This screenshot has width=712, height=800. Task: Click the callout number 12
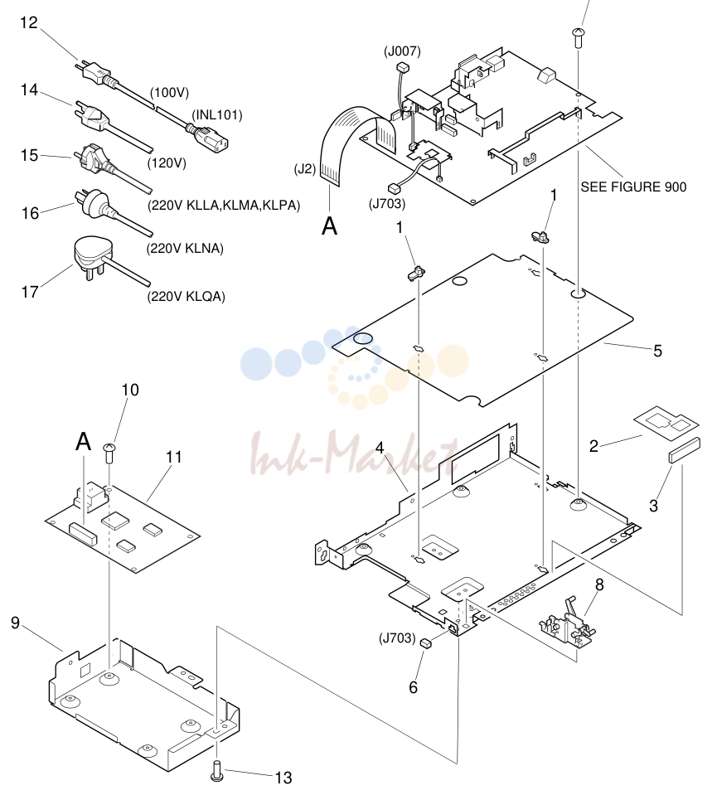(29, 23)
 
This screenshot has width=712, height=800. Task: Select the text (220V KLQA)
(186, 297)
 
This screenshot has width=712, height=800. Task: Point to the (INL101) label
(217, 114)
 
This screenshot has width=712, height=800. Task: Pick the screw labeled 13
(217, 770)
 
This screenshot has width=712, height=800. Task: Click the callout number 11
(174, 457)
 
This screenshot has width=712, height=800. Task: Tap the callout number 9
(15, 623)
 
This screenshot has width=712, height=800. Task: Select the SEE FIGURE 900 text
(633, 187)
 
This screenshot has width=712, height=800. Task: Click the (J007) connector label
(402, 51)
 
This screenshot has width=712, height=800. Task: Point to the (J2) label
(305, 169)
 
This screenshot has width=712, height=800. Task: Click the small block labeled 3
(684, 449)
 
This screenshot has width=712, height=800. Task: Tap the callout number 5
(657, 351)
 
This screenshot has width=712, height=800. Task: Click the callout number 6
(413, 687)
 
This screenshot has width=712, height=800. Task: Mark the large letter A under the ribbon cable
(330, 225)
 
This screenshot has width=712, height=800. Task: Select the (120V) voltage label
(167, 163)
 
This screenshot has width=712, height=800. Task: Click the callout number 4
(380, 448)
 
